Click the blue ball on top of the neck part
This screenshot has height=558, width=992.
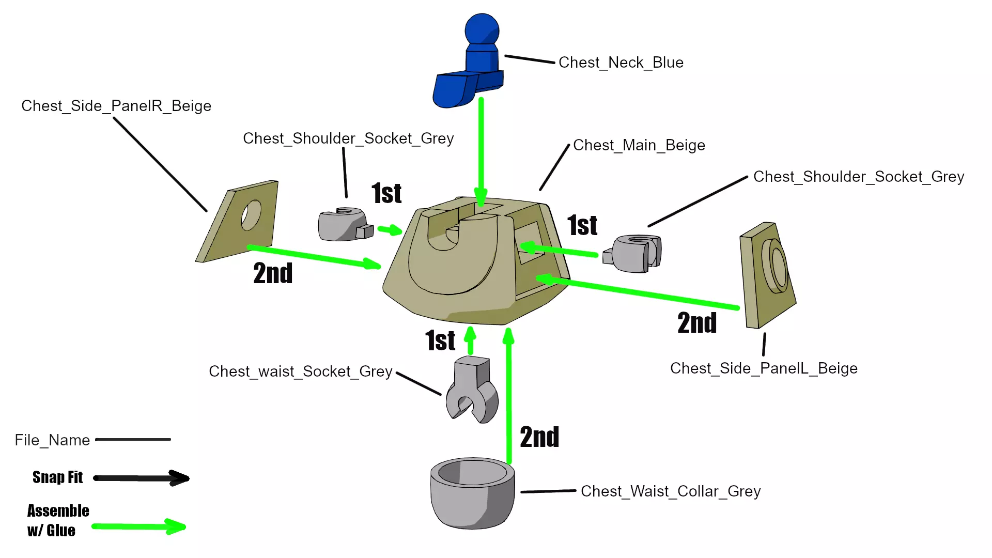[482, 29]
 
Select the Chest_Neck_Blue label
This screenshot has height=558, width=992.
[621, 63]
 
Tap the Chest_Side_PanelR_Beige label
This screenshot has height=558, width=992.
[116, 106]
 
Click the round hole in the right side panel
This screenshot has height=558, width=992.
[251, 215]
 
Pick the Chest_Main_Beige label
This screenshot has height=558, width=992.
[639, 145]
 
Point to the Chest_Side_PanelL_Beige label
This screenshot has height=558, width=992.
[764, 368]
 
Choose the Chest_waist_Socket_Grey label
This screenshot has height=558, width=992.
[301, 371]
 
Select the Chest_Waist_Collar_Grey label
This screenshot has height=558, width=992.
[670, 491]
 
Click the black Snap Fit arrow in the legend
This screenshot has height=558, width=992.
[141, 478]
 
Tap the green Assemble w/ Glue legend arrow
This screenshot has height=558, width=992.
[138, 526]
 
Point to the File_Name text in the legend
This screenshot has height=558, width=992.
[52, 440]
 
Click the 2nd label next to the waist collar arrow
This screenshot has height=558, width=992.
[539, 437]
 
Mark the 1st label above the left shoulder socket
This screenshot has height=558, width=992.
[386, 193]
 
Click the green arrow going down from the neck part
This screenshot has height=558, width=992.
[481, 150]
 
